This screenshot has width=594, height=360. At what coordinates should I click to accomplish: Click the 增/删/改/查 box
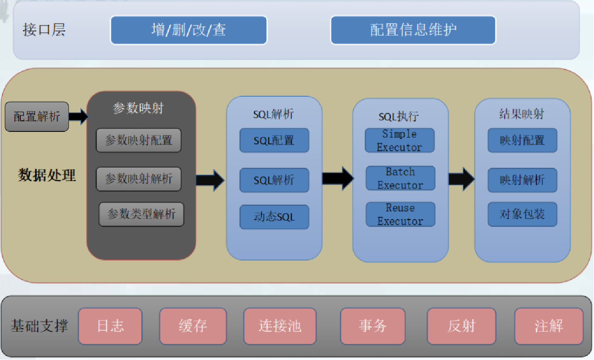point(189,30)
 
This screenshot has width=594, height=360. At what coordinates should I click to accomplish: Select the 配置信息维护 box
point(413,30)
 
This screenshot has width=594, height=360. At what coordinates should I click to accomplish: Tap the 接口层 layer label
point(44,30)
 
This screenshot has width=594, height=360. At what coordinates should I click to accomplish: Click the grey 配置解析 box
point(36,117)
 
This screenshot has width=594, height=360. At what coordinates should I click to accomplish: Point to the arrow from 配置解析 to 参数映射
point(78,116)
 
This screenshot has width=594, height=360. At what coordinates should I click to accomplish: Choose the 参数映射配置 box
point(139,140)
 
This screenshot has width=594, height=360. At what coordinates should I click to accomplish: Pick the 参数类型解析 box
point(141,214)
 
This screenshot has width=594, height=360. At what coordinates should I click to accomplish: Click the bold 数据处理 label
point(47,175)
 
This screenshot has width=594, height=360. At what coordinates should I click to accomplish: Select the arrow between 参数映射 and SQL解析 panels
point(210,180)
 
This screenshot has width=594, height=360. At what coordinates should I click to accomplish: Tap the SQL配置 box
point(274,140)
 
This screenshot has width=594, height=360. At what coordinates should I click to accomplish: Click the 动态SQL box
point(274,217)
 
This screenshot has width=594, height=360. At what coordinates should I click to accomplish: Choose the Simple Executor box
point(400,140)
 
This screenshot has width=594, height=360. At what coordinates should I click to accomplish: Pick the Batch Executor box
point(400,178)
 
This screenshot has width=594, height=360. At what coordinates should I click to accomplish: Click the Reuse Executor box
point(400,215)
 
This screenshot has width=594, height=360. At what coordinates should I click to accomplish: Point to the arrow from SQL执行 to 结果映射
point(461,179)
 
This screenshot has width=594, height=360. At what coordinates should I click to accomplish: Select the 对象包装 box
point(522,214)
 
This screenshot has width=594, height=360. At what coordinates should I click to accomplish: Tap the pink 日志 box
point(110,326)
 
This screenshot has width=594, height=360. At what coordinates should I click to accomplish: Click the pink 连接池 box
point(280,326)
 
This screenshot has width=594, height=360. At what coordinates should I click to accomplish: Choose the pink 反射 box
point(461,326)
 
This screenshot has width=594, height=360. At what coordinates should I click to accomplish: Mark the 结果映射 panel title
point(522,114)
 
